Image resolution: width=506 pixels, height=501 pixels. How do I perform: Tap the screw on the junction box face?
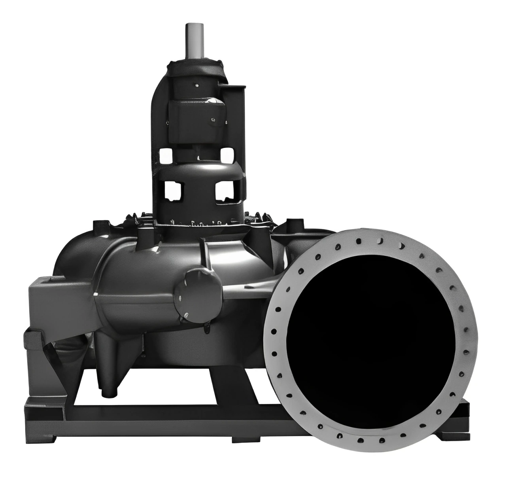click(213, 119)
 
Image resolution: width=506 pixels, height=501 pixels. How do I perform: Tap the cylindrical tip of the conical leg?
click(108, 391)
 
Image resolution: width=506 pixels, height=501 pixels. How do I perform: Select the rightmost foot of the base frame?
click(459, 435)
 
